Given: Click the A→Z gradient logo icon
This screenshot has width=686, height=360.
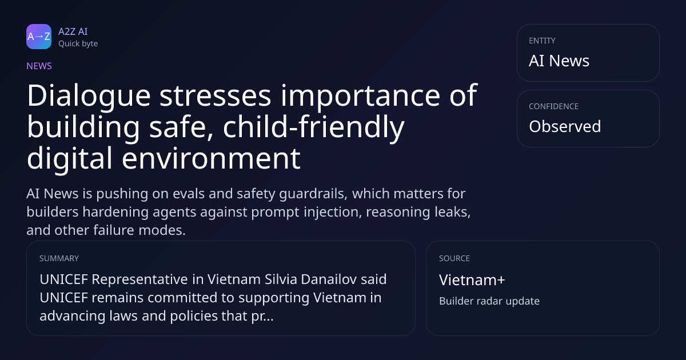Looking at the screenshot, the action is pyautogui.click(x=39, y=37).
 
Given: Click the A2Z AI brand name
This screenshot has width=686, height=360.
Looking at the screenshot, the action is pyautogui.click(x=73, y=31).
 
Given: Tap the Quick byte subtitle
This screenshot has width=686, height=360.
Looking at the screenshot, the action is pyautogui.click(x=78, y=44).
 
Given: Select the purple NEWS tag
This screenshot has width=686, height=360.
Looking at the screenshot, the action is pyautogui.click(x=39, y=66).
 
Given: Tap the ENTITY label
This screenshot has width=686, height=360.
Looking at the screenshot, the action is pyautogui.click(x=542, y=41).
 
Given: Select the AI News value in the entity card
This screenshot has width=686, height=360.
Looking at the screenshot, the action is pyautogui.click(x=559, y=61).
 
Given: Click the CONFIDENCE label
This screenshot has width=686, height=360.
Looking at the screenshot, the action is pyautogui.click(x=554, y=106).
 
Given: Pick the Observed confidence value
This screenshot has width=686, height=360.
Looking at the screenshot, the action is pyautogui.click(x=565, y=126).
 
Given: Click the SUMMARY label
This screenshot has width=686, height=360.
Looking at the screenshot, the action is pyautogui.click(x=59, y=258).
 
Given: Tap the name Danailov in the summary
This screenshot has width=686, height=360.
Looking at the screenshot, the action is pyautogui.click(x=329, y=279).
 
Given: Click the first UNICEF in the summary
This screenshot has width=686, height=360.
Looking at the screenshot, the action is pyautogui.click(x=63, y=279).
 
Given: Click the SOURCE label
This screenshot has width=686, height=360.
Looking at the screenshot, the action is pyautogui.click(x=454, y=258).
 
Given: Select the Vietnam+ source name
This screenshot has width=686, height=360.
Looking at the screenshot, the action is pyautogui.click(x=472, y=280).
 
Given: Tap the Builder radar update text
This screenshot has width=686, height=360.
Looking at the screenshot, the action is pyautogui.click(x=489, y=301).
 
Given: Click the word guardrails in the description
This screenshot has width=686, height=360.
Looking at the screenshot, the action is pyautogui.click(x=313, y=194).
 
